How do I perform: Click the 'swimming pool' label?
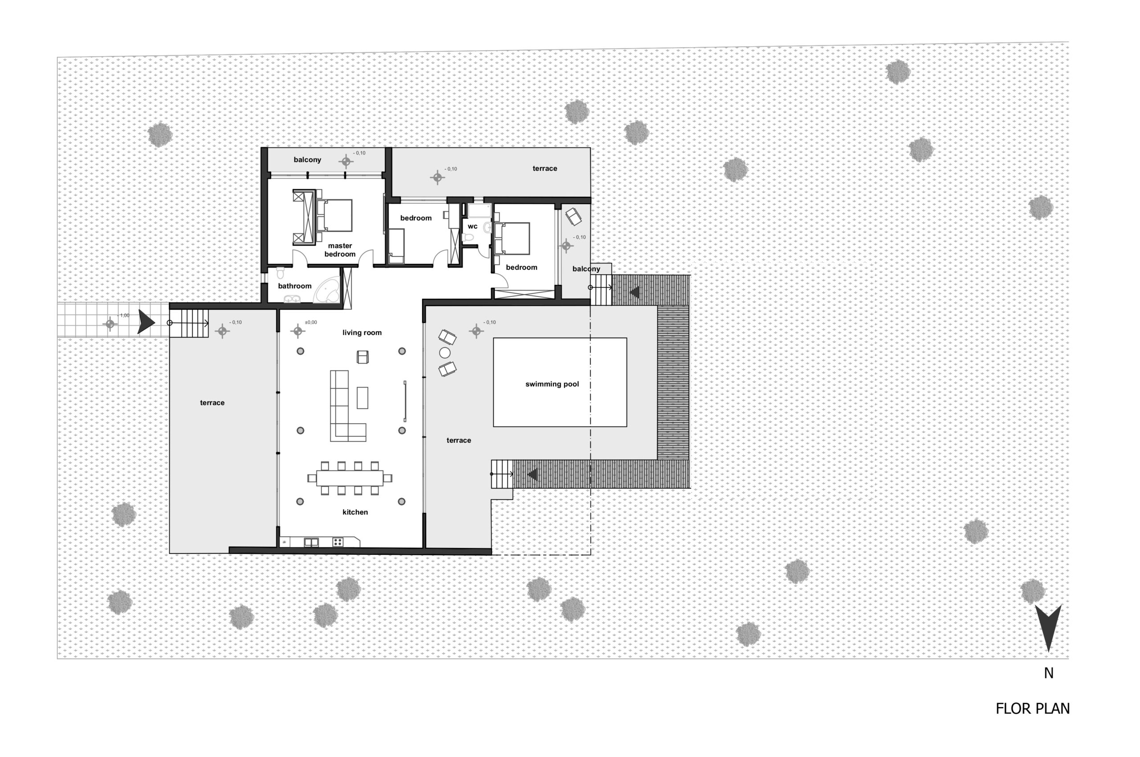coord(552,385)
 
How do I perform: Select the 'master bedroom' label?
coord(340,250)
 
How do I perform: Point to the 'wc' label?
coord(472,227)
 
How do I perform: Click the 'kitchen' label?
coord(355,512)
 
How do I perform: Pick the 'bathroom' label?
coord(295,286)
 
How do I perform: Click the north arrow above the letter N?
coord(1048,627)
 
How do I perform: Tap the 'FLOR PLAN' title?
coord(1033,709)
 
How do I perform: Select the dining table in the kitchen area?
coord(350,478)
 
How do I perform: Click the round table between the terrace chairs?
coord(444,353)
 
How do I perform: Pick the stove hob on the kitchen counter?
coord(338,542)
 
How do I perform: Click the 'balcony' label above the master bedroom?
coord(307,160)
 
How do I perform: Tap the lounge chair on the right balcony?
coord(574,216)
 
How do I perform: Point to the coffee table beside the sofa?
coord(362,398)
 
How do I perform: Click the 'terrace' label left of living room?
coord(212,403)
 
